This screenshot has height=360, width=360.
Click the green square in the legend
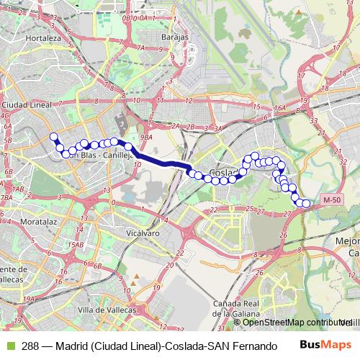tap(9, 344)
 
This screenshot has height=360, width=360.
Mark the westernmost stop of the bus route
tap(53, 137)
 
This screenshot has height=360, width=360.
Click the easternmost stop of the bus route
tap(306, 204)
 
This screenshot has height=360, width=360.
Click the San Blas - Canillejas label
tap(101, 154)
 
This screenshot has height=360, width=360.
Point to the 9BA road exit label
tap(147, 137)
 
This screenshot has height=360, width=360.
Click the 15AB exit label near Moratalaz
tap(76, 246)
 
